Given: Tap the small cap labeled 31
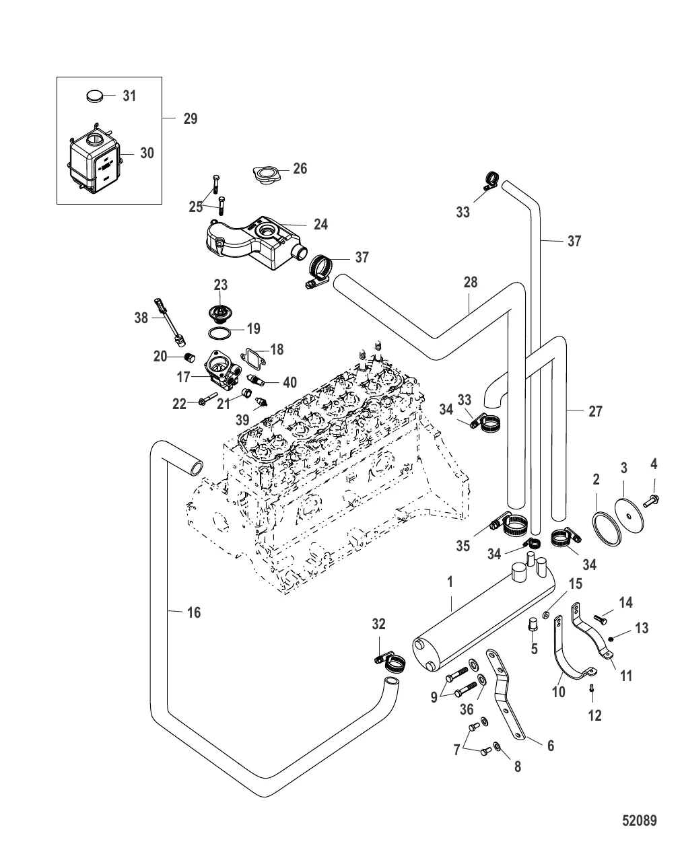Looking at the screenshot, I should click(96, 96).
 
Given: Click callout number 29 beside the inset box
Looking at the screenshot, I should click(190, 118).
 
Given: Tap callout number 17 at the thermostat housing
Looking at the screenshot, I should click(183, 378).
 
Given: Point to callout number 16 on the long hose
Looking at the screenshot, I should click(194, 613).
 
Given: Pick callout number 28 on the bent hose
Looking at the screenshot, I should click(470, 282).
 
